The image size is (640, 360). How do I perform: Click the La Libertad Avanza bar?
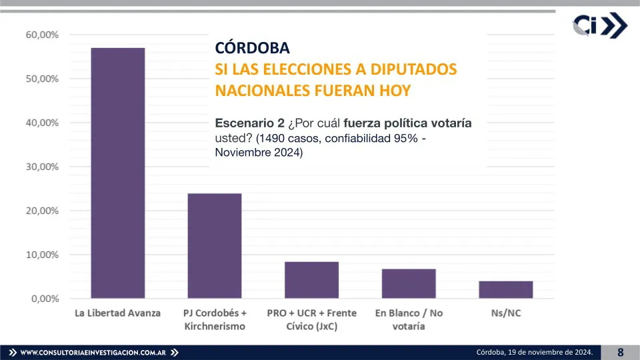point(117,173)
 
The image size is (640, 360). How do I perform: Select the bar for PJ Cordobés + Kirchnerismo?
point(215,246)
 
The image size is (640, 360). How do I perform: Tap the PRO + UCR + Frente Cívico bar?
point(311,280)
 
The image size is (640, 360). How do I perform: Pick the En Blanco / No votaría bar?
point(409,283)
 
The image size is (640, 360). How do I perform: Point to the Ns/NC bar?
point(505,290)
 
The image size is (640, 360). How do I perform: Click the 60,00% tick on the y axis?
point(42,35)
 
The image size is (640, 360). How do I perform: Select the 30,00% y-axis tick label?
point(42,167)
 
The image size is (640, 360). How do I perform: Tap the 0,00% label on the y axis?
point(45,299)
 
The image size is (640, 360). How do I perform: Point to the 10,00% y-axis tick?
point(42,255)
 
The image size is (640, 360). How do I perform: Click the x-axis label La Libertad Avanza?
point(117,313)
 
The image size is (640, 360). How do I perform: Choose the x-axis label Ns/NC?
point(505,313)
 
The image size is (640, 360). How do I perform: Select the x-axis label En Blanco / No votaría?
point(409,319)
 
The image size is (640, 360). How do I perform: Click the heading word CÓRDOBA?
point(253,49)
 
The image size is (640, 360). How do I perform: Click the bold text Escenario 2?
point(249,123)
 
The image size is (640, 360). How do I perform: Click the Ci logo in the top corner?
point(599,26)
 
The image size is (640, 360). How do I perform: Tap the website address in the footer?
point(93,352)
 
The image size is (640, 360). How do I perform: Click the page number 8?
point(620,352)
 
